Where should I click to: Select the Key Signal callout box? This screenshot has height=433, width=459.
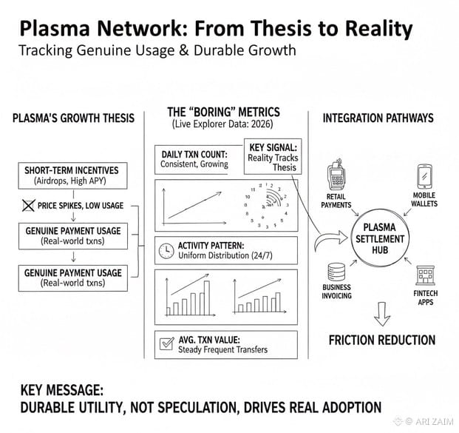pos(273,155)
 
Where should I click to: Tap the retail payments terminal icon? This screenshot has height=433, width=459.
pos(336,175)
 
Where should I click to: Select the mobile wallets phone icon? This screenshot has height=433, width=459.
pos(424,175)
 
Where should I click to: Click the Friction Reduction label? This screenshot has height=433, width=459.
pos(381,340)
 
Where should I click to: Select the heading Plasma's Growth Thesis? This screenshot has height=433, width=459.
pos(73,119)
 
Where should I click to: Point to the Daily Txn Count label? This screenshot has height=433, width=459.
pos(194,158)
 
